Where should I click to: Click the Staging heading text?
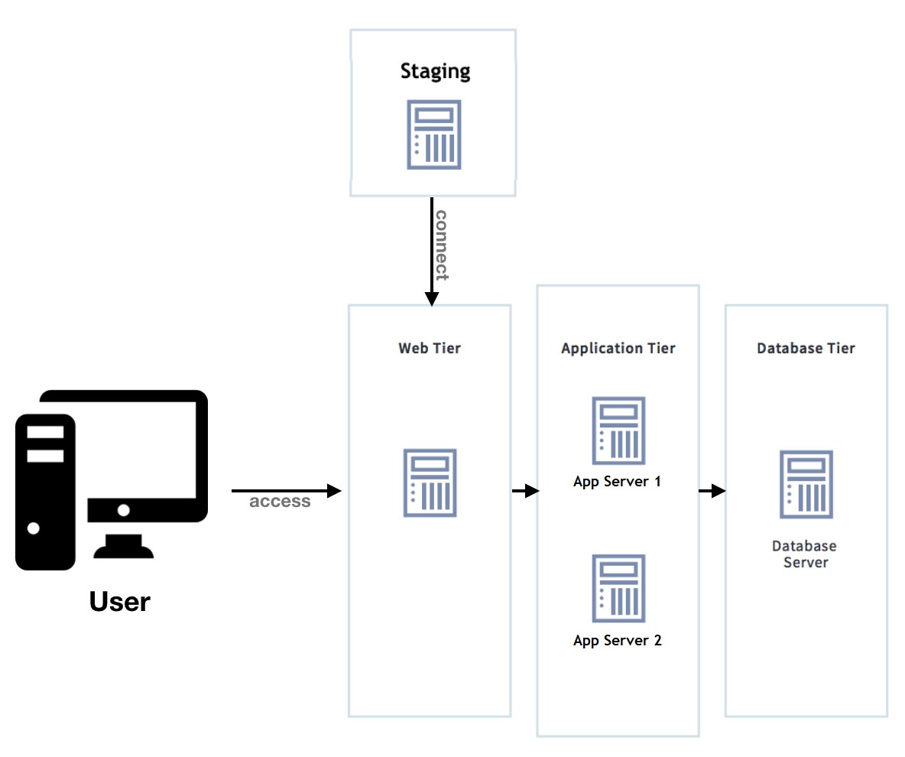point(435,72)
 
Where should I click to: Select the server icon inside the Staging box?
point(433,135)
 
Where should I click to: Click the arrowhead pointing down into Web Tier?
point(431,298)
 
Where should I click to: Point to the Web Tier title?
point(430,349)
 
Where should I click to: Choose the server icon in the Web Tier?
point(430,483)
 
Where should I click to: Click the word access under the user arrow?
point(280,502)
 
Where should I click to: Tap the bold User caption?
point(120,602)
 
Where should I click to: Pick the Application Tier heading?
point(618,349)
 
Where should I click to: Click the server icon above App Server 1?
point(618,430)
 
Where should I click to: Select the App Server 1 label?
point(617,482)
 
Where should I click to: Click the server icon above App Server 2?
point(618,589)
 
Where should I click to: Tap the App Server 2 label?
point(617,641)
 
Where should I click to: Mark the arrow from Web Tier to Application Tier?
point(525,491)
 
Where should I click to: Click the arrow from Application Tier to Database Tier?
point(712,491)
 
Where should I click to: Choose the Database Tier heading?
point(806,349)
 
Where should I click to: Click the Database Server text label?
point(805,554)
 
